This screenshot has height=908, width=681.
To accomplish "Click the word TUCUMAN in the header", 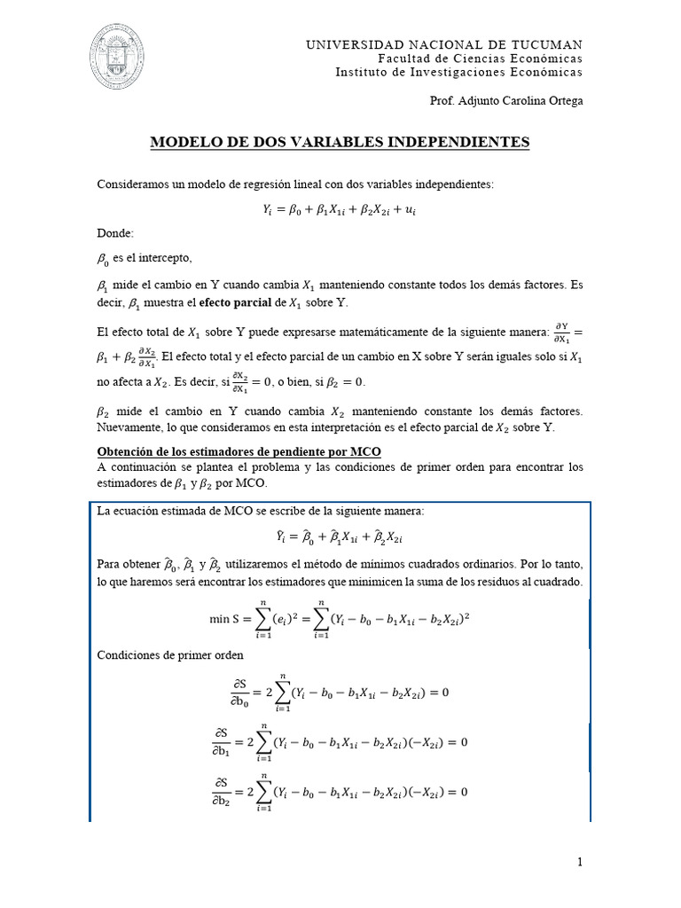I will coord(546,44).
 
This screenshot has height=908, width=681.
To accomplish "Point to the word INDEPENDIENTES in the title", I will coord(463,142).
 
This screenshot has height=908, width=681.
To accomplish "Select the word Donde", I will coord(114,233).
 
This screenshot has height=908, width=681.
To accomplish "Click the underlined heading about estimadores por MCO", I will coord(239,451).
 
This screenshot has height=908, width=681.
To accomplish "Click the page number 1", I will coord(580,861).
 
